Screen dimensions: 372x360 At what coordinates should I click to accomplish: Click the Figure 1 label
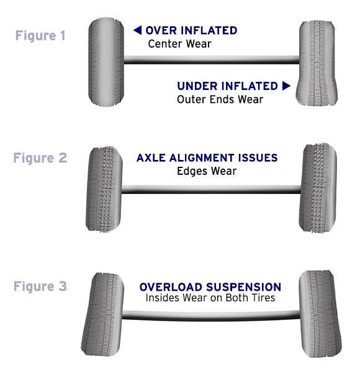[x=40, y=35]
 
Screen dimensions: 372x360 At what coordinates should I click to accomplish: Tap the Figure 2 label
[x=40, y=157]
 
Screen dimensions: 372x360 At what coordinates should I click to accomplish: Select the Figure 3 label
[x=40, y=286]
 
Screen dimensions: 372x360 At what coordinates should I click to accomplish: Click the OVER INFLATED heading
[x=191, y=30]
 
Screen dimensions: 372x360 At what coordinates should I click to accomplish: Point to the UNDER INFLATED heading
[x=228, y=86]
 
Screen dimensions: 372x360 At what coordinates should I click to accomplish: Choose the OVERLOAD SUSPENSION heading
[x=210, y=287]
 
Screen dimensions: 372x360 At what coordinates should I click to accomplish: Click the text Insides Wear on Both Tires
[x=210, y=298]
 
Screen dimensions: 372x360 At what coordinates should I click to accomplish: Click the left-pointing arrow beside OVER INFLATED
[x=138, y=30]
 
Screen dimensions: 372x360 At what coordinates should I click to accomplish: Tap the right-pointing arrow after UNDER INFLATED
[x=286, y=86]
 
